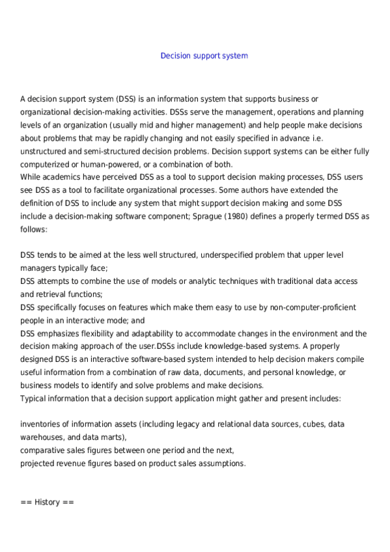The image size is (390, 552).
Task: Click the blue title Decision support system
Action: (x=204, y=56)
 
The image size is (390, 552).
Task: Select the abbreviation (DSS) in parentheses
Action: (x=126, y=99)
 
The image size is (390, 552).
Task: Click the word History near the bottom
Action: (x=48, y=503)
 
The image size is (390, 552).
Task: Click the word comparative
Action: (x=45, y=450)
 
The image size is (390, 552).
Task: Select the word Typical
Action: (x=35, y=398)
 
